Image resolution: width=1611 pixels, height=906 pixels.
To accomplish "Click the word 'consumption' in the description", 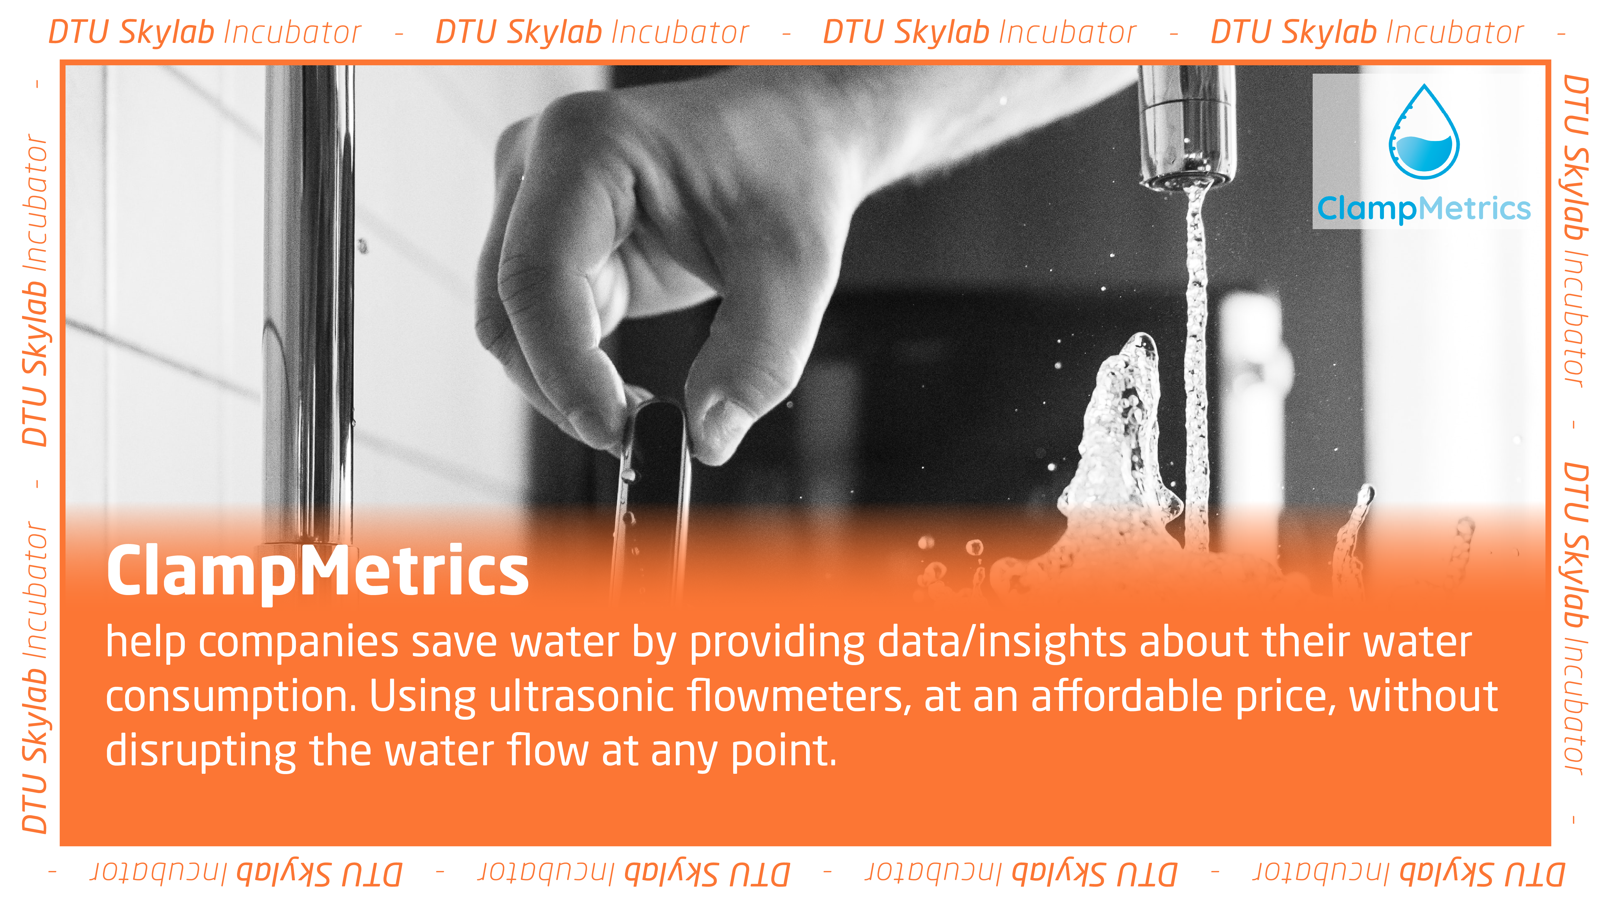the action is click(x=230, y=697).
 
